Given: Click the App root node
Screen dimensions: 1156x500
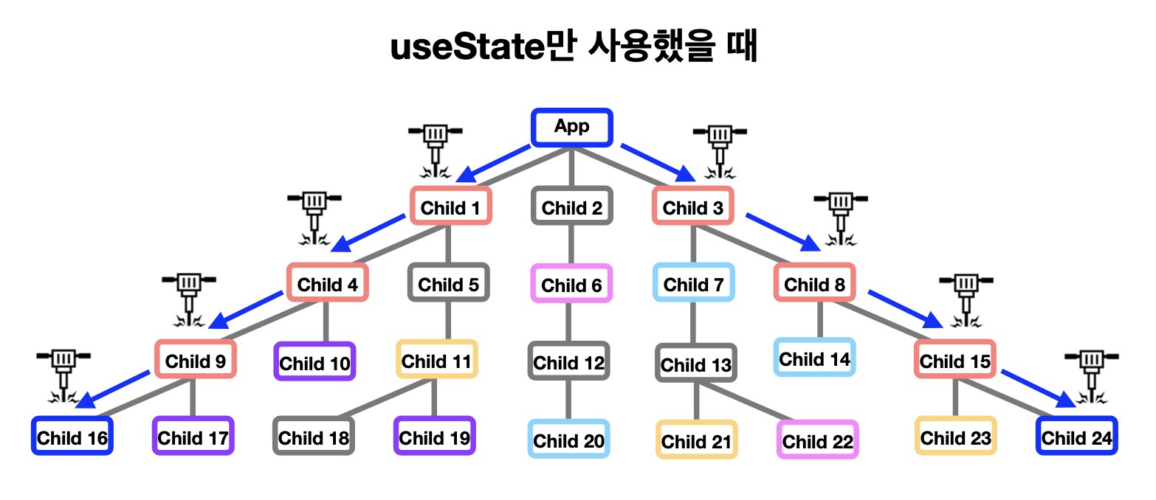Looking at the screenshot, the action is pyautogui.click(x=572, y=128).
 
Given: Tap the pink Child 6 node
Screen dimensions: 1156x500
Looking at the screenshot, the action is pyautogui.click(x=572, y=284).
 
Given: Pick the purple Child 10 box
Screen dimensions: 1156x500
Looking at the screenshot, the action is pyautogui.click(x=315, y=362).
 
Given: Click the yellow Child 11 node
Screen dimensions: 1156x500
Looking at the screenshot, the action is pyautogui.click(x=437, y=360).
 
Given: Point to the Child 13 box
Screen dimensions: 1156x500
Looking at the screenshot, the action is pyautogui.click(x=696, y=364).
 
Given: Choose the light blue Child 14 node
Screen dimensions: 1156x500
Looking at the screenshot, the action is pyautogui.click(x=815, y=358).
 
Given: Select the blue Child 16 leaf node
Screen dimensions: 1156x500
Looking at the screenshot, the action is pyautogui.click(x=72, y=437).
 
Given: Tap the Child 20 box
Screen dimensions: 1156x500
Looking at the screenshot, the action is pyautogui.click(x=569, y=440).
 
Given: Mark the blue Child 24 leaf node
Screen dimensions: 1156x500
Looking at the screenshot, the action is pyautogui.click(x=1076, y=437).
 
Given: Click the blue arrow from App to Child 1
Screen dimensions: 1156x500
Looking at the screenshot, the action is pyautogui.click(x=494, y=163).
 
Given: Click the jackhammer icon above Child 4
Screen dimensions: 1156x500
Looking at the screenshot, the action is pyautogui.click(x=314, y=218).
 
